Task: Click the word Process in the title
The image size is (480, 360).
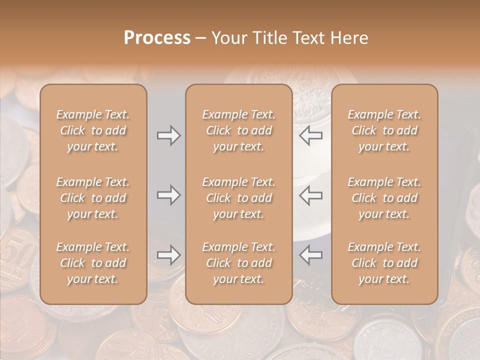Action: [157, 38]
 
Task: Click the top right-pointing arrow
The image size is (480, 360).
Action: [168, 135]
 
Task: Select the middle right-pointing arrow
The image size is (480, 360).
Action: [168, 195]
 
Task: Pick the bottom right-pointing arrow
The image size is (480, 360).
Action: [168, 255]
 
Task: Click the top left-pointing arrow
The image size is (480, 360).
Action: [310, 135]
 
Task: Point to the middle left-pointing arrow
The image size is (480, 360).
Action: [310, 195]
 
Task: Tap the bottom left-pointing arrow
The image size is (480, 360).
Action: [310, 255]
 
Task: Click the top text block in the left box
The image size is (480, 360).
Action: [93, 130]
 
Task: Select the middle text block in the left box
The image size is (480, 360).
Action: [93, 198]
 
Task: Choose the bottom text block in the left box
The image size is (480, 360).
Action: [93, 263]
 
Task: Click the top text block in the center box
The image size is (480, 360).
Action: [239, 130]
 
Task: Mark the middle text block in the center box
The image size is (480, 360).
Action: [239, 198]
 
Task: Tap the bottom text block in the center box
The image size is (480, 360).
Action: [239, 263]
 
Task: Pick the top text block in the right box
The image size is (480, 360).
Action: [384, 130]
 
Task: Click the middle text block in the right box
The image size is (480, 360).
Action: [384, 198]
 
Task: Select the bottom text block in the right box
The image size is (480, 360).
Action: [384, 263]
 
